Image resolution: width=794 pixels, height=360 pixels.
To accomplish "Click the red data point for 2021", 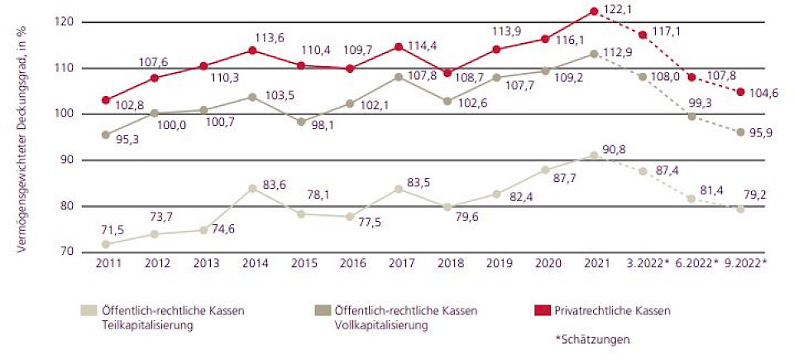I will point(594,11).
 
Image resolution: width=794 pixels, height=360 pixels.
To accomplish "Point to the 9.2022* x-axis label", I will point(744,265).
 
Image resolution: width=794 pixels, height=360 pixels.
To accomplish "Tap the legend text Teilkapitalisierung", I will point(146,324).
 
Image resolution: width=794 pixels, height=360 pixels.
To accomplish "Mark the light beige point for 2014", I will point(251,188).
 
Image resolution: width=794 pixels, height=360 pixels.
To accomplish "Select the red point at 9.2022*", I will point(740,92).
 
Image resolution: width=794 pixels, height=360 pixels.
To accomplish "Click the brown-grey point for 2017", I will point(398,77).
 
